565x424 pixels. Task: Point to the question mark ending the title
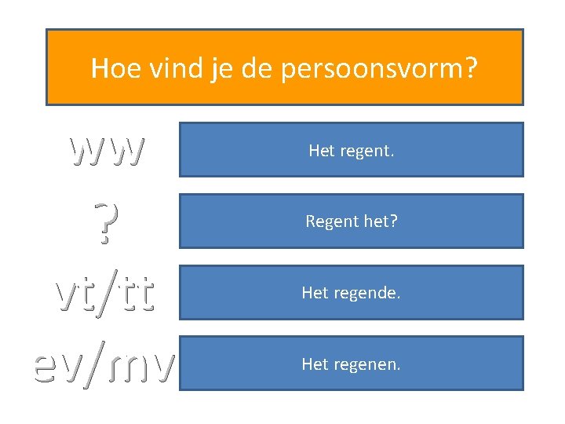tap(470, 68)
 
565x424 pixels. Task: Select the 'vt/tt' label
tap(105, 293)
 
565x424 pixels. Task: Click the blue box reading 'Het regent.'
tap(351, 149)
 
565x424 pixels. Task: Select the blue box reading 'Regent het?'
tap(351, 221)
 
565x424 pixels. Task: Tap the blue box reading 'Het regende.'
tap(351, 293)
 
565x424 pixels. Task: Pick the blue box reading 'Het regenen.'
tap(351, 364)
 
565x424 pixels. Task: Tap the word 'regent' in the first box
tap(366, 150)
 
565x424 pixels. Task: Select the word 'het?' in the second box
tap(381, 221)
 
